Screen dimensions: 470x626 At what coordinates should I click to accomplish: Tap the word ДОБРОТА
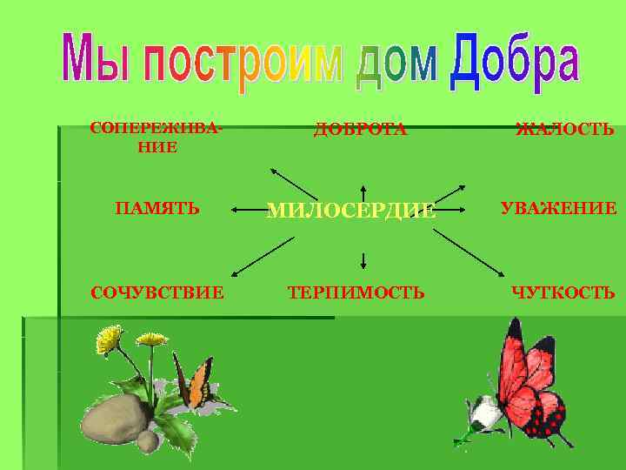(x=360, y=130)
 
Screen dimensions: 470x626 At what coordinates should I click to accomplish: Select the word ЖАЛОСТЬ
(x=564, y=131)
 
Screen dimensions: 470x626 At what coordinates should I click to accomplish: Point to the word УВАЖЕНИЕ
(x=558, y=209)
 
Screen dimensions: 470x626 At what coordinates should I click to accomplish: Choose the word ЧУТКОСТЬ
(x=563, y=292)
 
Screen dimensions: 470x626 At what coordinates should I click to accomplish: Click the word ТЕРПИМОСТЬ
(x=356, y=292)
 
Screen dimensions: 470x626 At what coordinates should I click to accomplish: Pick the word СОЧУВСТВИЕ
(x=157, y=292)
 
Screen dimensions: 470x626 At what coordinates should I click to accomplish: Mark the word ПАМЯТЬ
(x=157, y=209)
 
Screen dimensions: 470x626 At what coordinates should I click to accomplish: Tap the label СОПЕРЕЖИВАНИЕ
(x=156, y=138)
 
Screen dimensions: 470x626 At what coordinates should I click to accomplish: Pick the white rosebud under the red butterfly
(x=483, y=413)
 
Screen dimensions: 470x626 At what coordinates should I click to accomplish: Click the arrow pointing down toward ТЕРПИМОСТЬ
(x=363, y=258)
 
